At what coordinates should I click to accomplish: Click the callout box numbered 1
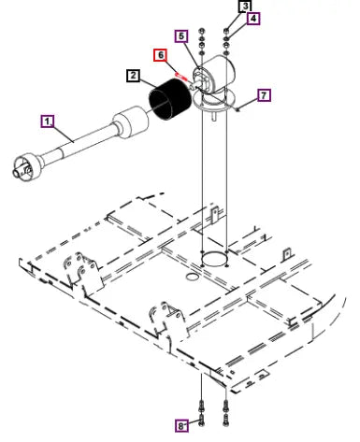(x=48, y=121)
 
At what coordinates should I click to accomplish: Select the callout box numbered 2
(x=134, y=76)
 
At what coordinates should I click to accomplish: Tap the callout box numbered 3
(x=245, y=6)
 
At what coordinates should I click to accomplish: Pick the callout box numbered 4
(x=253, y=19)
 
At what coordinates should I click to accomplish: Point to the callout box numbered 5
(x=181, y=36)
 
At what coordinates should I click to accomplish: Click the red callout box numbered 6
(x=161, y=55)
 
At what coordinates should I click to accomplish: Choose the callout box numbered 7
(x=264, y=95)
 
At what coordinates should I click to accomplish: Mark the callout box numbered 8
(x=181, y=426)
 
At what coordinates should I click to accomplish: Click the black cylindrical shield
(x=170, y=100)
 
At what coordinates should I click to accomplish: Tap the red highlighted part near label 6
(x=180, y=76)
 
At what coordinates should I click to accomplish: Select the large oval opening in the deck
(x=214, y=259)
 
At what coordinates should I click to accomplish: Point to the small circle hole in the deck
(x=192, y=277)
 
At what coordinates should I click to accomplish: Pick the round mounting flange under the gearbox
(x=214, y=101)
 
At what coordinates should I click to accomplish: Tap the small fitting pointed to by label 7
(x=238, y=109)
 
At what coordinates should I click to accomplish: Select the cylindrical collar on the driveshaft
(x=130, y=121)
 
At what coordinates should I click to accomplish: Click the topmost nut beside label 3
(x=226, y=31)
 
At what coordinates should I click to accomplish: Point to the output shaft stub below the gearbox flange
(x=215, y=116)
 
